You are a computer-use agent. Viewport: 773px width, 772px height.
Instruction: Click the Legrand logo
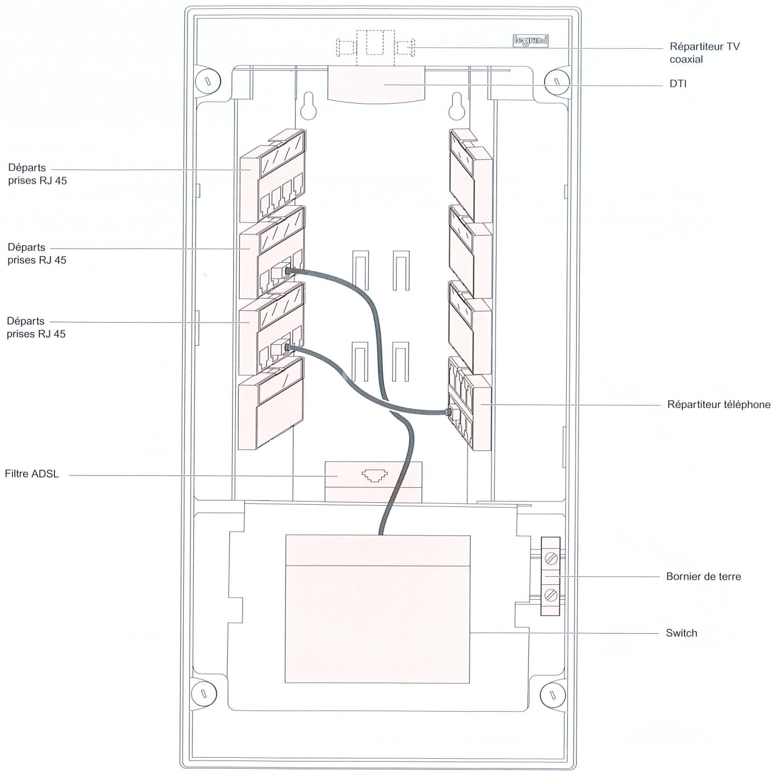(531, 41)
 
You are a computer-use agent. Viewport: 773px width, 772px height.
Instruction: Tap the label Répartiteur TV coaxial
(704, 53)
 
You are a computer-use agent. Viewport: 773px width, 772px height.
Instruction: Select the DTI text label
(678, 83)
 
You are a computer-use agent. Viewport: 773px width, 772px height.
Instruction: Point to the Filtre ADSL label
(32, 474)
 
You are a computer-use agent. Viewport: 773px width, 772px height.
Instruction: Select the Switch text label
(681, 633)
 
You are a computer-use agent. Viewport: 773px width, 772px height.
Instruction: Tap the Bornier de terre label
(703, 576)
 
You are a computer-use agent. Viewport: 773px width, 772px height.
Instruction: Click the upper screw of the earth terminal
(551, 558)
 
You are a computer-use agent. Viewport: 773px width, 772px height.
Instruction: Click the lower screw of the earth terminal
(551, 595)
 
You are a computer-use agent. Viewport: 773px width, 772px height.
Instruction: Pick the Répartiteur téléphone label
(719, 404)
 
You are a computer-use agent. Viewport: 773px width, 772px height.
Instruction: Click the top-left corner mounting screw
(208, 81)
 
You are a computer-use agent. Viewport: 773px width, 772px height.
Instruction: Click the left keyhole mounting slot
(308, 106)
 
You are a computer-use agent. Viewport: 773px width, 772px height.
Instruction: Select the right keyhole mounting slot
(457, 106)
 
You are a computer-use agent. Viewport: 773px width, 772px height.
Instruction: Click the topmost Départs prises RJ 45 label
(37, 174)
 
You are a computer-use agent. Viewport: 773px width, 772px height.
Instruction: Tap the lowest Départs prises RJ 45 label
(36, 327)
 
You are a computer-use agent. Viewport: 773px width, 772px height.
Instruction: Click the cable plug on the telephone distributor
(448, 412)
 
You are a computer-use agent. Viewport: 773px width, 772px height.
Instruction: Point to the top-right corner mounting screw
(557, 81)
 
